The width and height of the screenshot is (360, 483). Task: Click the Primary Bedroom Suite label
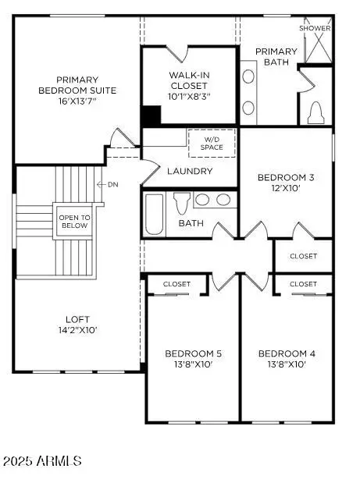tap(76, 90)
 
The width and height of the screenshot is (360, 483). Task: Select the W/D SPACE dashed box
tap(212, 144)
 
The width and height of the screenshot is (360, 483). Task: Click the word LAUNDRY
tap(190, 171)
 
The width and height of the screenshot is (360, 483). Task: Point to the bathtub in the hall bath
tap(153, 213)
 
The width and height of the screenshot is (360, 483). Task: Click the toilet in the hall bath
tap(181, 204)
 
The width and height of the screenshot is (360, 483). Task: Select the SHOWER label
tap(315, 28)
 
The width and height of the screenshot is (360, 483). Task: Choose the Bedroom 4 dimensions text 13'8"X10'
tap(287, 364)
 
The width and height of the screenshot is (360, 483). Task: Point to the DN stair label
tap(112, 185)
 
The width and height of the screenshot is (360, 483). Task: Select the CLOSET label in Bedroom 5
tap(176, 284)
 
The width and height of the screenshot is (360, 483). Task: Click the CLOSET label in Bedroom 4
tap(303, 284)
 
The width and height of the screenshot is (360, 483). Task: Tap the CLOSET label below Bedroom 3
tap(303, 256)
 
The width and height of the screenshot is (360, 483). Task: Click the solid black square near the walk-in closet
tap(151, 115)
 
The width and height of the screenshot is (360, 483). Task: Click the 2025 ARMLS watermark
tap(42, 461)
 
